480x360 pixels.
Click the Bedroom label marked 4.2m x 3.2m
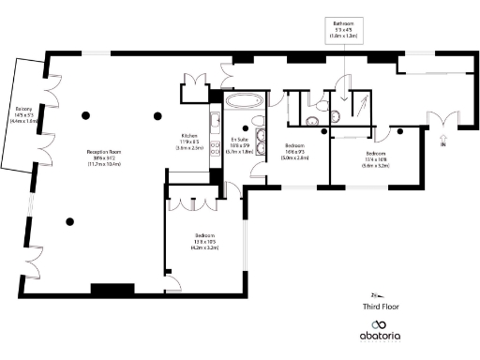pyautogui.click(x=204, y=235)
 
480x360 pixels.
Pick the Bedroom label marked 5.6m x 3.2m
pyautogui.click(x=375, y=153)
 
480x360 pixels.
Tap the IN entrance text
pyautogui.click(x=443, y=145)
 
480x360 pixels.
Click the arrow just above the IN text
pyautogui.click(x=443, y=137)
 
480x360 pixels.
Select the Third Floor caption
pyautogui.click(x=382, y=306)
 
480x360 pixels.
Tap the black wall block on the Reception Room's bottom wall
pyautogui.click(x=112, y=289)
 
